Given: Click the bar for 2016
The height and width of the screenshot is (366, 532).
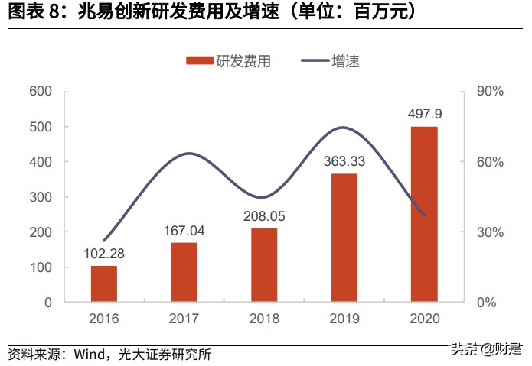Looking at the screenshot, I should (x=103, y=283).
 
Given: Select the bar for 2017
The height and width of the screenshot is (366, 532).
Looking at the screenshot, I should (x=184, y=272).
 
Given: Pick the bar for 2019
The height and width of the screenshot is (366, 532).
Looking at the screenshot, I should (x=344, y=238).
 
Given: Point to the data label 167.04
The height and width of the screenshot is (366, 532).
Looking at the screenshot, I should (x=184, y=232).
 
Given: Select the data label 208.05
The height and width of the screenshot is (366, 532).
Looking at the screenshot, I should (x=264, y=217).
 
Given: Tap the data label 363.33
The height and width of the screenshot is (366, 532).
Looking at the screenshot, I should (x=344, y=163).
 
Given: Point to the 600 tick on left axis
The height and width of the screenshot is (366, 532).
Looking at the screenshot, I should (x=41, y=92).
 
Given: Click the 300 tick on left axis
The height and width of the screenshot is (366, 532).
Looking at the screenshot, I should (x=41, y=197).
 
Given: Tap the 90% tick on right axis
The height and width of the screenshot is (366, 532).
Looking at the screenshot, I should (x=490, y=92).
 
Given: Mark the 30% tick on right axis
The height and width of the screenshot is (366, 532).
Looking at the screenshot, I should (x=490, y=232).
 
